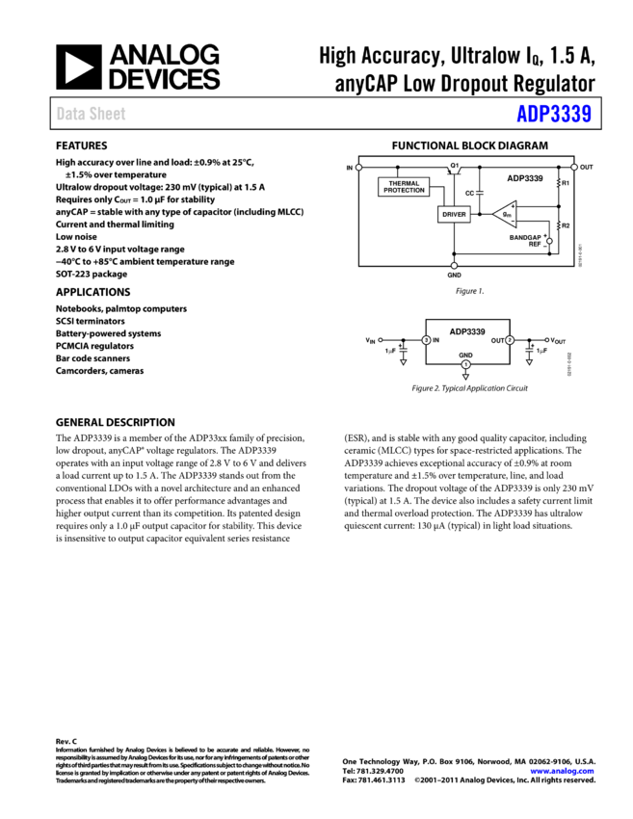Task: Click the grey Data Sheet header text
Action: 91,114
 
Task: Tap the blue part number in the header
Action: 554,114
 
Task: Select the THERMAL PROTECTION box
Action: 404,187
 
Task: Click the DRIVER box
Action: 454,214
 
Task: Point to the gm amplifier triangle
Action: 506,214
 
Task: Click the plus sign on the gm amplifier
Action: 513,205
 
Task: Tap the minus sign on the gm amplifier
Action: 513,223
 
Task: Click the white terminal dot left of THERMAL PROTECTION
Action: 358,168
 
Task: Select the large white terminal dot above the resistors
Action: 574,167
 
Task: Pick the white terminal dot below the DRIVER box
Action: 454,265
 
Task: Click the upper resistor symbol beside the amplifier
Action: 559,182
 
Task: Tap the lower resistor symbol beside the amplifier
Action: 559,225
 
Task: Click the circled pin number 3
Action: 426,340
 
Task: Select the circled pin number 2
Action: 510,340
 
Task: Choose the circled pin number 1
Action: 465,364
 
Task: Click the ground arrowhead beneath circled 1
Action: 465,377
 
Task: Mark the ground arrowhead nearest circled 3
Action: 403,362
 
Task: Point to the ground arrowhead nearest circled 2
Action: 529,362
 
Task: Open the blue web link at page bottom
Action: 562,771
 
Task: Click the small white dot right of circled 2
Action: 547,340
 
